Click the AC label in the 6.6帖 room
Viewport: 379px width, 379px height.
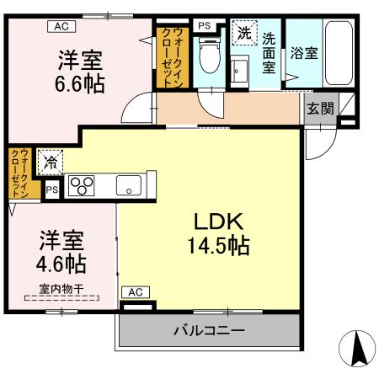[60, 26]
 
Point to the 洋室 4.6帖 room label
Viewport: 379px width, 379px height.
[61, 252]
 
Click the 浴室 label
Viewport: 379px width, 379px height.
[302, 52]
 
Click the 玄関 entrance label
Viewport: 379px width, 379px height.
[318, 108]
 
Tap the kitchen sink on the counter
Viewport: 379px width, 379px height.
[130, 185]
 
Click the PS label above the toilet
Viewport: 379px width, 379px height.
[204, 26]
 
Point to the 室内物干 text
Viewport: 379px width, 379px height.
[61, 287]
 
